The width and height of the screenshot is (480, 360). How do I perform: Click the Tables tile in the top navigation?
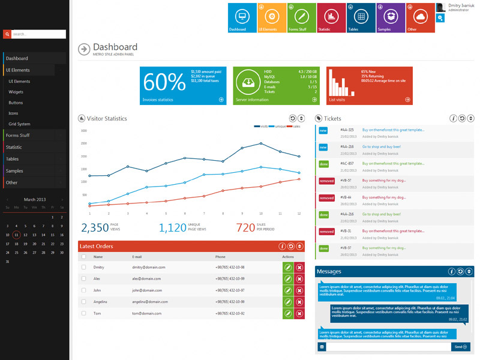pos(361,18)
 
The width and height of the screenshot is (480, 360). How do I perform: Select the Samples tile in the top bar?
pos(391,18)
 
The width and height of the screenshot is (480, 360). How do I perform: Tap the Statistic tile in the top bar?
pos(331,18)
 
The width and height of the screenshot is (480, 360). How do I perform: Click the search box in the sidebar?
pos(38,34)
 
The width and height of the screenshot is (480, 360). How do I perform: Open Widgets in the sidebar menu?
pos(16,92)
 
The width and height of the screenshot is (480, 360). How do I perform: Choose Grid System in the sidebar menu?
pos(19,124)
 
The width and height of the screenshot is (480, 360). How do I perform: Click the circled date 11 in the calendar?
pos(16,235)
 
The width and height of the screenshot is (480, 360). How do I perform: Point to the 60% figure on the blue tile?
pos(164,82)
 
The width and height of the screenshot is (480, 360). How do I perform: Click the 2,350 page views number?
pos(95,227)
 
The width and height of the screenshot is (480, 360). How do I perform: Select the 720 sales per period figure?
pos(245,227)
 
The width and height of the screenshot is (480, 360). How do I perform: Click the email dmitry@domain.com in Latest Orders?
pos(149,267)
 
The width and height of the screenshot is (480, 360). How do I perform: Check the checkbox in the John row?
pos(84,290)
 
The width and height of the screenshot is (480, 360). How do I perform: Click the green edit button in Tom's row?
pos(288,313)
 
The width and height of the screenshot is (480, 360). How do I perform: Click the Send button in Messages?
pos(461,347)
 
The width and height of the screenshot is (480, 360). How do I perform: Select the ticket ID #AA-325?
pos(347,130)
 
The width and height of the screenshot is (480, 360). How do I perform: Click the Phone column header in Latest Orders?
pos(221,257)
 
